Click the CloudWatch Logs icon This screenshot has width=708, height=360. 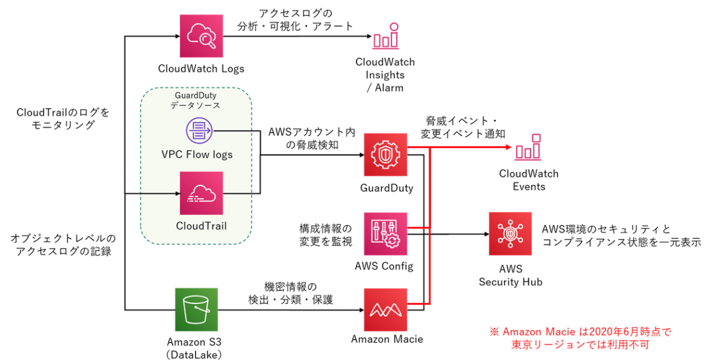click(202, 36)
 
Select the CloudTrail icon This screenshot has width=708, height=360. click(201, 193)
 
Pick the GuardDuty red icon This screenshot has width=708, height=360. click(385, 155)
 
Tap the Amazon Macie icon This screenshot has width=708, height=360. click(385, 309)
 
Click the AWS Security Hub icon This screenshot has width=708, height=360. click(509, 234)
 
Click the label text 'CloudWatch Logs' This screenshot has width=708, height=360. click(201, 69)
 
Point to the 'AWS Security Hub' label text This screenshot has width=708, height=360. click(510, 275)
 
